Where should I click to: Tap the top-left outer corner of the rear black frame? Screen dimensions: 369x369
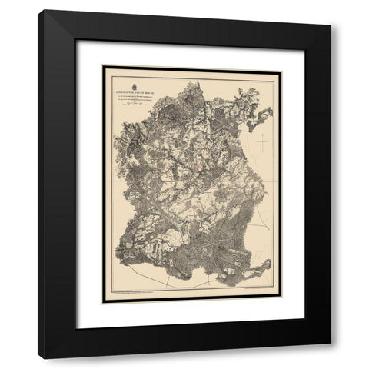pyautogui.click(x=38, y=10)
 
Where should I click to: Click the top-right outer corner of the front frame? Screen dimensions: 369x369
pyautogui.click(x=331, y=25)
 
